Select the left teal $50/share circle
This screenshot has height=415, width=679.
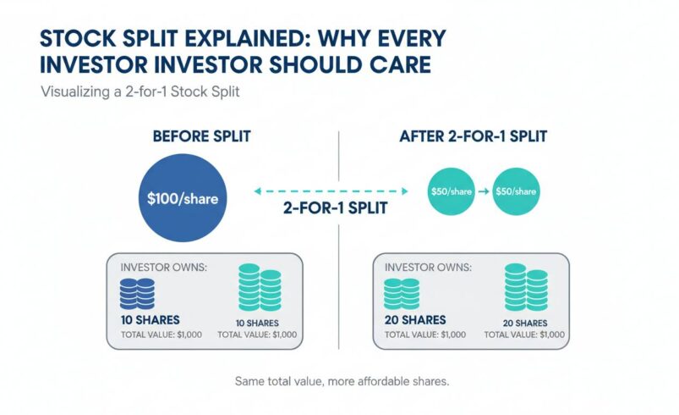pyautogui.click(x=452, y=191)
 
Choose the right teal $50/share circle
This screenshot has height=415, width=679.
pyautogui.click(x=516, y=191)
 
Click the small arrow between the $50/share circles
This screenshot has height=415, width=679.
pyautogui.click(x=484, y=191)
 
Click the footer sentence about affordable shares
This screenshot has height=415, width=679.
pyautogui.click(x=341, y=382)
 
